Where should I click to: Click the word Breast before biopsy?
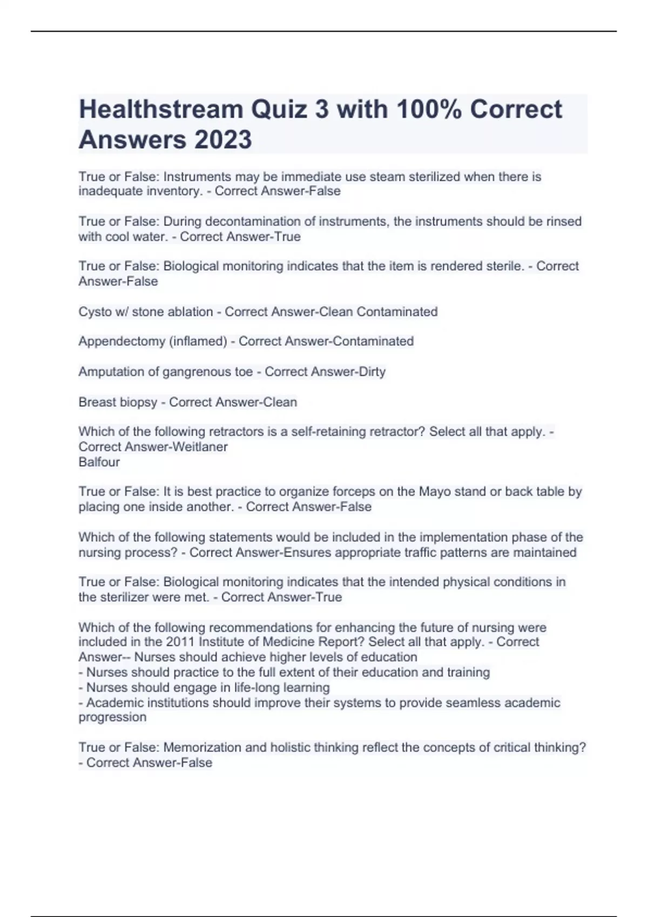(x=94, y=402)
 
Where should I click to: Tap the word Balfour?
(x=99, y=462)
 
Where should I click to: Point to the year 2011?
(x=180, y=642)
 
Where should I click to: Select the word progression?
(x=112, y=717)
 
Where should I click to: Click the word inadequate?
(x=107, y=191)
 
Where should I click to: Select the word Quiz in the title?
(x=279, y=110)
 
